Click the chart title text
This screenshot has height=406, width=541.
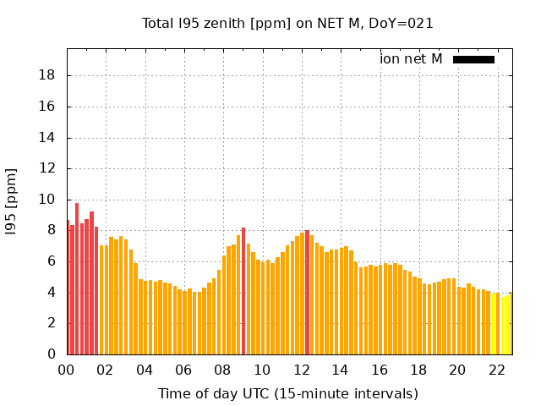[x=287, y=24]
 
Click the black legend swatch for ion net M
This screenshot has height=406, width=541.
[x=473, y=59]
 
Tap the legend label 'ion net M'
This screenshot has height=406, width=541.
[x=411, y=59]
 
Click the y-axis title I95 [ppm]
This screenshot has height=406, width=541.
[x=12, y=201]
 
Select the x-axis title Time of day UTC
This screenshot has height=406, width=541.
[x=287, y=393]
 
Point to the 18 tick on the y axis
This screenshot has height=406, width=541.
[x=48, y=76]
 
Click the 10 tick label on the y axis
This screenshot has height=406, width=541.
[x=48, y=200]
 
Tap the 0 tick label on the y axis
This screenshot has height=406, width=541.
[x=52, y=354]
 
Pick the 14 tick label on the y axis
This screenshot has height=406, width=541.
[x=48, y=138]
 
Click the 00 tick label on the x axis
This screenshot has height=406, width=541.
[x=67, y=370]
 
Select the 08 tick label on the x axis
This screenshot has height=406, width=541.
[x=223, y=370]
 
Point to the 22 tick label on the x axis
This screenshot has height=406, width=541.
[x=497, y=370]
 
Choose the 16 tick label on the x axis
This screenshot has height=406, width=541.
[x=380, y=370]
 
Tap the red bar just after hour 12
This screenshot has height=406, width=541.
[x=307, y=293]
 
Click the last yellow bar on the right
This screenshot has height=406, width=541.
[x=509, y=324]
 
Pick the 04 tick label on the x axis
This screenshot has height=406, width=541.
[x=145, y=370]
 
